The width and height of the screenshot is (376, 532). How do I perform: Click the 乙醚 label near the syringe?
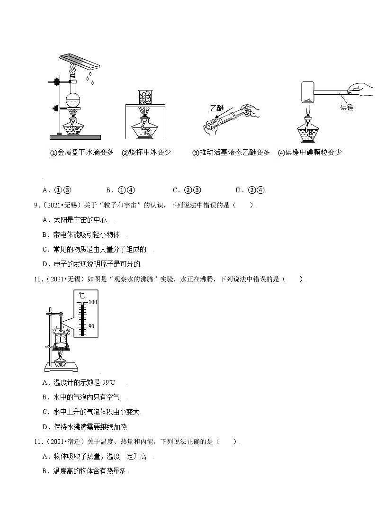(x=219, y=108)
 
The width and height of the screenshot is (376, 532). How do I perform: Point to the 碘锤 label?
(x=347, y=108)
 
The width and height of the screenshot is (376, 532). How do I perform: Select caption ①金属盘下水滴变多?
(x=82, y=153)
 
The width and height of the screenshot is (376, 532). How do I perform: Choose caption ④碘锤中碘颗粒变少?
(x=310, y=153)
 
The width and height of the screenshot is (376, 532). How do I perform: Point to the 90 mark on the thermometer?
(x=92, y=326)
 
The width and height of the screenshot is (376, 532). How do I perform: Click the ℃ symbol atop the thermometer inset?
(x=82, y=296)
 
